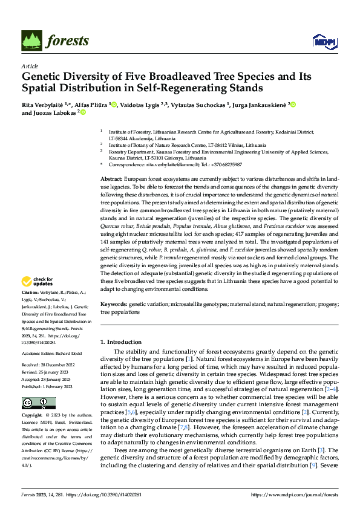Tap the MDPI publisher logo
click(x=324, y=41)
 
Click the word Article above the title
click(x=30, y=66)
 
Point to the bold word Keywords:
click(x=113, y=305)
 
